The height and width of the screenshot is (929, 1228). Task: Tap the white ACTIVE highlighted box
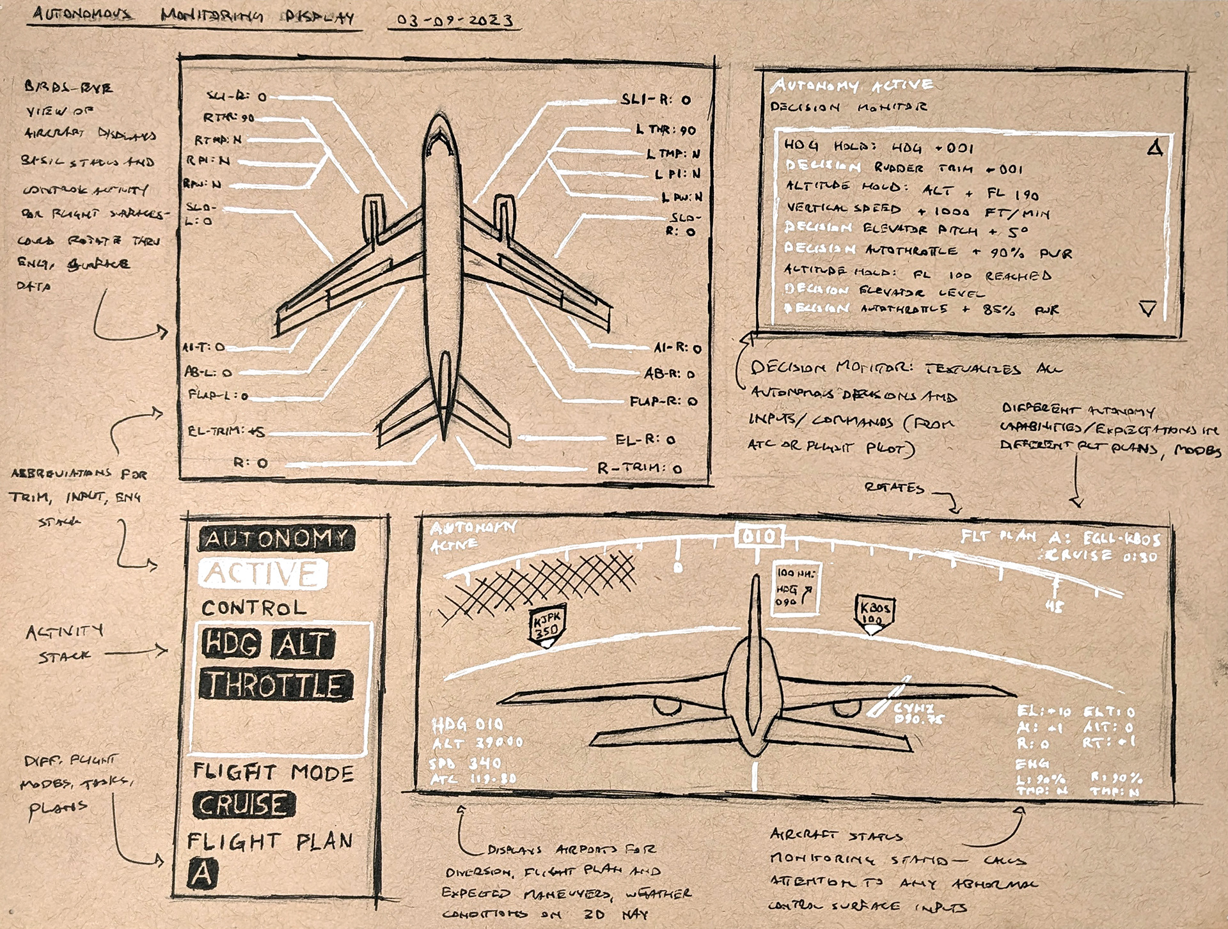tap(262, 574)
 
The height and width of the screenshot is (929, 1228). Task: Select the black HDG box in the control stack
tap(232, 643)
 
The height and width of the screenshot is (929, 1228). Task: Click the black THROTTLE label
tap(276, 685)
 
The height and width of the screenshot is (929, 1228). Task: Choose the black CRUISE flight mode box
tap(244, 804)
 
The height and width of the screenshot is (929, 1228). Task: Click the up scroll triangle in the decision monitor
tap(1154, 149)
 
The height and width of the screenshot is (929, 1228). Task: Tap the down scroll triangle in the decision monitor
tap(1147, 309)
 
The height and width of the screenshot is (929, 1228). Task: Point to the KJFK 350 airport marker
tap(546, 627)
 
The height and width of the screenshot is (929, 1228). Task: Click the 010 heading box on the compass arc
tap(759, 536)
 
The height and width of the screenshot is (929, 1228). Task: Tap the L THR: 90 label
tap(666, 130)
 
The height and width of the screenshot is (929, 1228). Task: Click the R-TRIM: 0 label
tap(640, 468)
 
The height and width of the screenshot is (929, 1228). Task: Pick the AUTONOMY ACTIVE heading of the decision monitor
tap(852, 85)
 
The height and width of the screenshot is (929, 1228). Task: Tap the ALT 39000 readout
tap(477, 743)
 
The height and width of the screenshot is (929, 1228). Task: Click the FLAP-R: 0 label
tap(663, 402)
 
